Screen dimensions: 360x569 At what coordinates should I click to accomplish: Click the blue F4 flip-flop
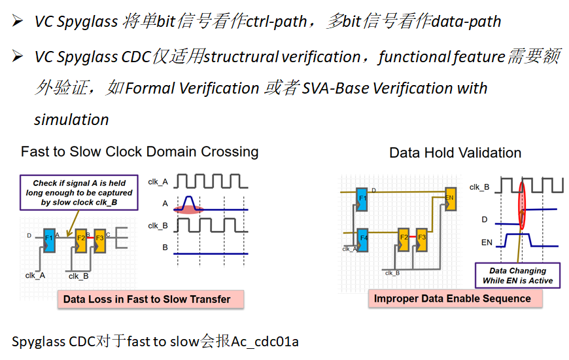[364, 237]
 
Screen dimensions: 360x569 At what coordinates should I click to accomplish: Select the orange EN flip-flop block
[449, 198]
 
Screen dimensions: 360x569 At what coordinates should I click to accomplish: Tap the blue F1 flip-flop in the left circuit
[50, 239]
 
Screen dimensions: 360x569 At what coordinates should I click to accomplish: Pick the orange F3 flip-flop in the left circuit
[99, 240]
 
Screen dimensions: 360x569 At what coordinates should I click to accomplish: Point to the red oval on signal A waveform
[189, 208]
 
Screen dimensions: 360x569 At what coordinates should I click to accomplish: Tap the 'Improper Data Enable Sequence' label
[453, 298]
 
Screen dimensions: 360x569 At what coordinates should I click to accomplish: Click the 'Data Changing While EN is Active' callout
[517, 275]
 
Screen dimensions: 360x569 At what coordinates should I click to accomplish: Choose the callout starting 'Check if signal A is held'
[79, 192]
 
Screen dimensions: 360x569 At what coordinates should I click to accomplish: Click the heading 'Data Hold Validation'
[455, 153]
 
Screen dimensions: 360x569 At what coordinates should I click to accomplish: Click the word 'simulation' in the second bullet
[71, 120]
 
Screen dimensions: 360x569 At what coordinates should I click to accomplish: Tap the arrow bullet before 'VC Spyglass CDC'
[18, 57]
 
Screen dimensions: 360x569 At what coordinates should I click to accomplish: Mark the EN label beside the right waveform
[487, 243]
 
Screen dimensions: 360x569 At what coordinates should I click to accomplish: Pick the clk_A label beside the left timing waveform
[158, 181]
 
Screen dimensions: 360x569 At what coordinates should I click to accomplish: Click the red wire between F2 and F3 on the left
[90, 236]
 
